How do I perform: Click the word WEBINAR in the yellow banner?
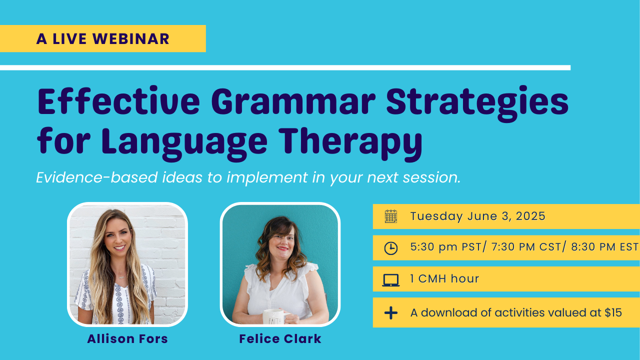point(131,39)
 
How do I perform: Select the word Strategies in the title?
point(477,104)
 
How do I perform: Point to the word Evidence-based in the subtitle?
point(97,177)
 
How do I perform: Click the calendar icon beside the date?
point(391,216)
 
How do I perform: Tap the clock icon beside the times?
point(391,247)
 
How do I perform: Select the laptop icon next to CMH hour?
point(391,280)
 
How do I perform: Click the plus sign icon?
point(391,313)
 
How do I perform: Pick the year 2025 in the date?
point(530,216)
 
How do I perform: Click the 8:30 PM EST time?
point(605,247)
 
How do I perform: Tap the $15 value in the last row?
point(613,312)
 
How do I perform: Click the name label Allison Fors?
point(127,339)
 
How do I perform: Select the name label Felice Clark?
point(280,339)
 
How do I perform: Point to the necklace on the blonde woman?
point(121,276)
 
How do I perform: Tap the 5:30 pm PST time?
point(446,247)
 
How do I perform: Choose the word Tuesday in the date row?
point(436,216)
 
